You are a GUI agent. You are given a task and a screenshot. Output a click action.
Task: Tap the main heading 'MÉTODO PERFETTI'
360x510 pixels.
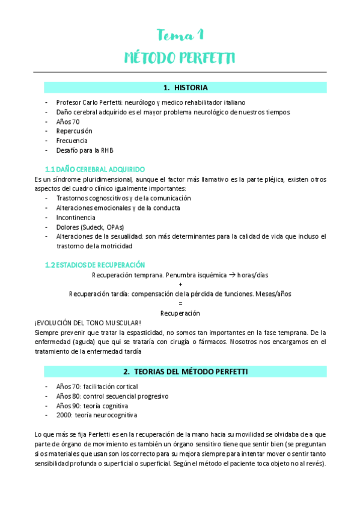coord(180,58)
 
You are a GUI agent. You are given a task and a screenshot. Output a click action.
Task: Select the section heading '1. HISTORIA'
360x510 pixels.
coord(185,88)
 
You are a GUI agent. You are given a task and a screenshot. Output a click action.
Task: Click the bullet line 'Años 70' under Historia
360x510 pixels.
coord(68,121)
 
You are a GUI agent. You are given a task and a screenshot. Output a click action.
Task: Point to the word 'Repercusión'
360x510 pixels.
coord(75,131)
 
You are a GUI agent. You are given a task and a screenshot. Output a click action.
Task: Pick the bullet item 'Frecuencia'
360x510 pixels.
coord(72,141)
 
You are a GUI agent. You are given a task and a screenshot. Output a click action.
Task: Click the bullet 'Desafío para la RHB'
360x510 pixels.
coord(85,150)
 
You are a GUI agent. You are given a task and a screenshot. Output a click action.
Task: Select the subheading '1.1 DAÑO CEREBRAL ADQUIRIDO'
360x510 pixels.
coord(95,169)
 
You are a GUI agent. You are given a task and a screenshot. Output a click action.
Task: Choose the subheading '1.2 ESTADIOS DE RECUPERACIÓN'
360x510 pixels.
coord(95,265)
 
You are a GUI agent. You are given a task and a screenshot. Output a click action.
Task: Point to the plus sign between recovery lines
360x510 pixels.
coord(180,284)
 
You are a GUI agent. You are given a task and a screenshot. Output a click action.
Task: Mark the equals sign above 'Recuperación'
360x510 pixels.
coord(180,304)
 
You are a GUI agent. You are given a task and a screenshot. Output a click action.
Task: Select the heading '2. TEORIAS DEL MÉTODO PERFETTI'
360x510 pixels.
coord(185,370)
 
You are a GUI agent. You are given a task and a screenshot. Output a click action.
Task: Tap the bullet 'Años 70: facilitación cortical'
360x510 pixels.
coord(97,386)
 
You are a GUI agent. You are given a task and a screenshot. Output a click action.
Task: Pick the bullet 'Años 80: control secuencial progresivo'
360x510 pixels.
coord(112,396)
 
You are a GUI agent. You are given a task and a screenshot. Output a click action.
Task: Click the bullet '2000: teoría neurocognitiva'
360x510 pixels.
coord(96,415)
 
